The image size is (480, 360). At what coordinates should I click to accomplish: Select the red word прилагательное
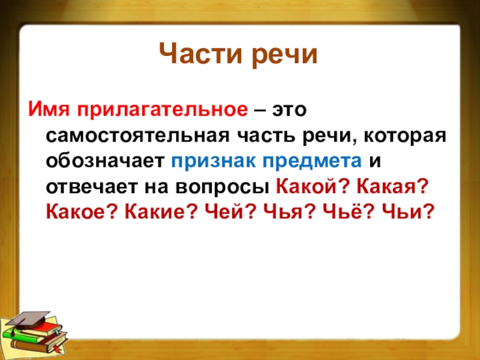pyautogui.click(x=162, y=110)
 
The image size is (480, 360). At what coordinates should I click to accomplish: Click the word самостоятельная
pyautogui.click(x=137, y=136)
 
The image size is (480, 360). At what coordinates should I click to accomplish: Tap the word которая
pyautogui.click(x=405, y=137)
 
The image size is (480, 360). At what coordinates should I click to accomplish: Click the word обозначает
pyautogui.click(x=106, y=161)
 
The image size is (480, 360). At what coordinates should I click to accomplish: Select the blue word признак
pyautogui.click(x=214, y=162)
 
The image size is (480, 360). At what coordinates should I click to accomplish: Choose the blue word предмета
pyautogui.click(x=312, y=162)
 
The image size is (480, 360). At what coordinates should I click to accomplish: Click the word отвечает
pyautogui.click(x=92, y=187)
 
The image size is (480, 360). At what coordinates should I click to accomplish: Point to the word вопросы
pyautogui.click(x=223, y=188)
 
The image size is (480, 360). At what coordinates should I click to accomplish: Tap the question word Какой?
pyautogui.click(x=313, y=186)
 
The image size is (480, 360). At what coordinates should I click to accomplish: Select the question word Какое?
pyautogui.click(x=82, y=211)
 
